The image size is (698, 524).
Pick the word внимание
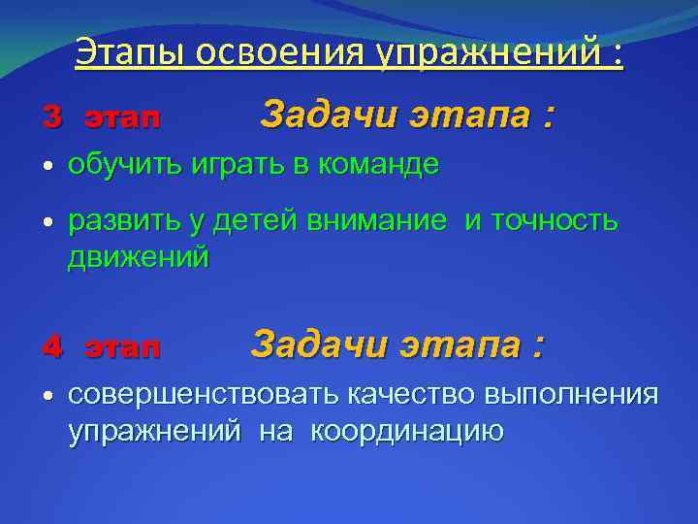point(378,222)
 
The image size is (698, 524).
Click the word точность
point(555,222)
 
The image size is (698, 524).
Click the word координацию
point(407,431)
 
